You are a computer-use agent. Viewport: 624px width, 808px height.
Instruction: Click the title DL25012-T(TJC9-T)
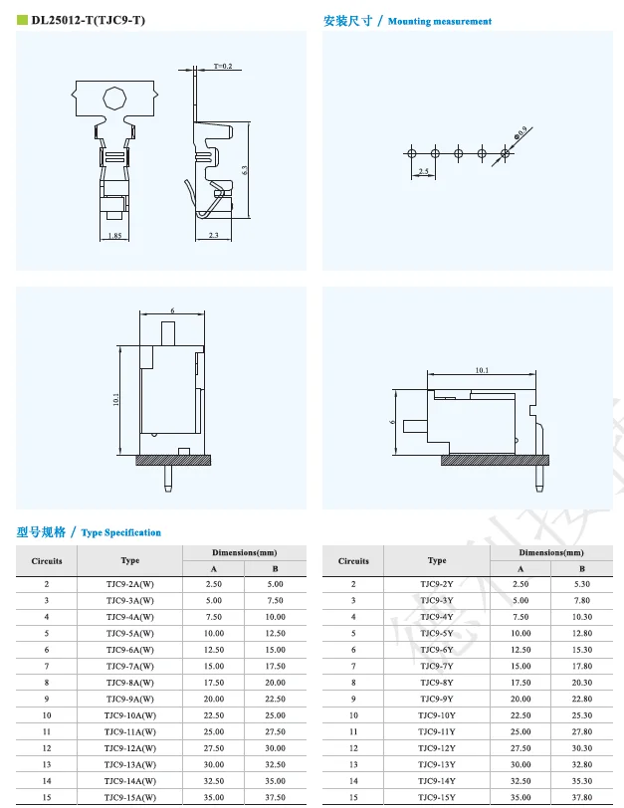point(88,19)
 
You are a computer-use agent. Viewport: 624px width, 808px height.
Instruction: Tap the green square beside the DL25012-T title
point(21,19)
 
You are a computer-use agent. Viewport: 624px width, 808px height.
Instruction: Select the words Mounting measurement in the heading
point(439,21)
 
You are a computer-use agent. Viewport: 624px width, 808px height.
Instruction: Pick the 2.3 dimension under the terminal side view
point(214,235)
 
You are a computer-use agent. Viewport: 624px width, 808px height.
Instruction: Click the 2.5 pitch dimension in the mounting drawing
point(423,172)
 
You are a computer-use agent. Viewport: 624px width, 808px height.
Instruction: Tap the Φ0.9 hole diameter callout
point(520,131)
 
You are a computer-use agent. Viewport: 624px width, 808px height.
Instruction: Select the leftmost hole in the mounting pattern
point(412,152)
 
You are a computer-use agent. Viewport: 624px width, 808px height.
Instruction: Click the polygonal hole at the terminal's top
point(115,99)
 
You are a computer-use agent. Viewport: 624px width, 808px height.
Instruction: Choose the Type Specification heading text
point(120,532)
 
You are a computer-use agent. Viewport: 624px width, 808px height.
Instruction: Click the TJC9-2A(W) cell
point(130,584)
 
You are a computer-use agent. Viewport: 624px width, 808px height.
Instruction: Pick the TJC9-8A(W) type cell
point(130,683)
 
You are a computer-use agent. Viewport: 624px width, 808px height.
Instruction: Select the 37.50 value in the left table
point(276,798)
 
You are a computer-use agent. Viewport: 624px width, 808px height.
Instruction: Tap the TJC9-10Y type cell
point(436,715)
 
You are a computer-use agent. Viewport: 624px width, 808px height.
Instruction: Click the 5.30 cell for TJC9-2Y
point(582,584)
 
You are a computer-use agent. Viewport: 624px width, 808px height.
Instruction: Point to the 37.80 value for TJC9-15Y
point(582,798)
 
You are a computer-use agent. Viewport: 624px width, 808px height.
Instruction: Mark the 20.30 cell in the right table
point(582,683)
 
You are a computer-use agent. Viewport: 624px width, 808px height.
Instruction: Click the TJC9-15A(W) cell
point(130,798)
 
